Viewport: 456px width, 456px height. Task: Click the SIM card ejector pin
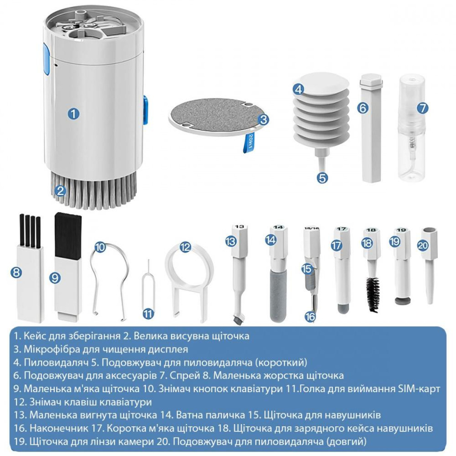coord(148,287)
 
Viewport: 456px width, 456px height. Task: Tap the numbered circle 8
coord(16,272)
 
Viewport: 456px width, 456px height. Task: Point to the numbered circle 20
coord(423,245)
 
